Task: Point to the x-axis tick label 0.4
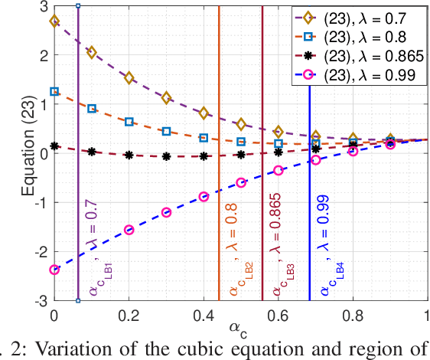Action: click(x=203, y=315)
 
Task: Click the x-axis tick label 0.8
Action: click(x=352, y=315)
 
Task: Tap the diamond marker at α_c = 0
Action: click(x=54, y=21)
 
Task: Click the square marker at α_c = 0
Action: click(x=54, y=91)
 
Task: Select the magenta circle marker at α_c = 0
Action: click(x=54, y=269)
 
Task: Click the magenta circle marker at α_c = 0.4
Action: click(x=204, y=196)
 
